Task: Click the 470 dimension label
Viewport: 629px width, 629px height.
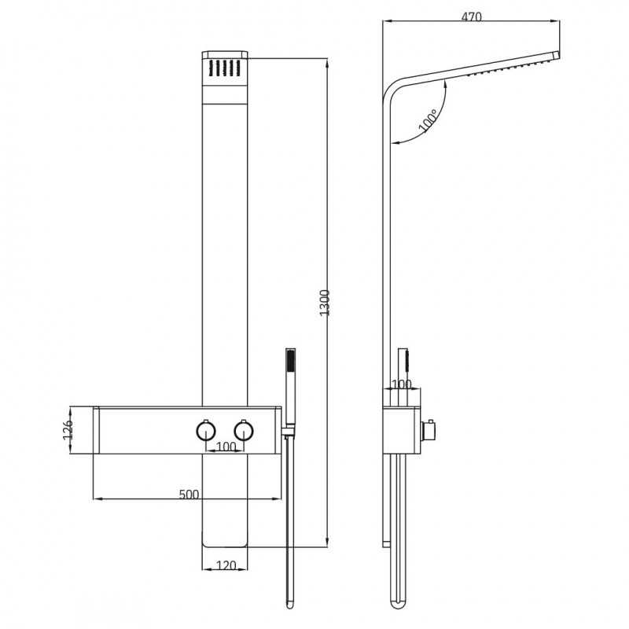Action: (471, 17)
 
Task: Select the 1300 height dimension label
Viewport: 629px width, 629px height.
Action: (325, 303)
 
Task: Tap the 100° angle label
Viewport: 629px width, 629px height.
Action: (428, 120)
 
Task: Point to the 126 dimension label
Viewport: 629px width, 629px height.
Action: (68, 429)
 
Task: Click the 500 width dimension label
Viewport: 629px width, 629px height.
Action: (189, 495)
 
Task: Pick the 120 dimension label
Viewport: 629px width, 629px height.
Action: (226, 565)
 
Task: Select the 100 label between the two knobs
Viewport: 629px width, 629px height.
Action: (226, 447)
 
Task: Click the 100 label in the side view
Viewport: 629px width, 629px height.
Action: (401, 384)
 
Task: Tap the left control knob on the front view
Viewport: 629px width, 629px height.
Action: (206, 430)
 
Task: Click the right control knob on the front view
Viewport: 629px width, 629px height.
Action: (243, 430)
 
